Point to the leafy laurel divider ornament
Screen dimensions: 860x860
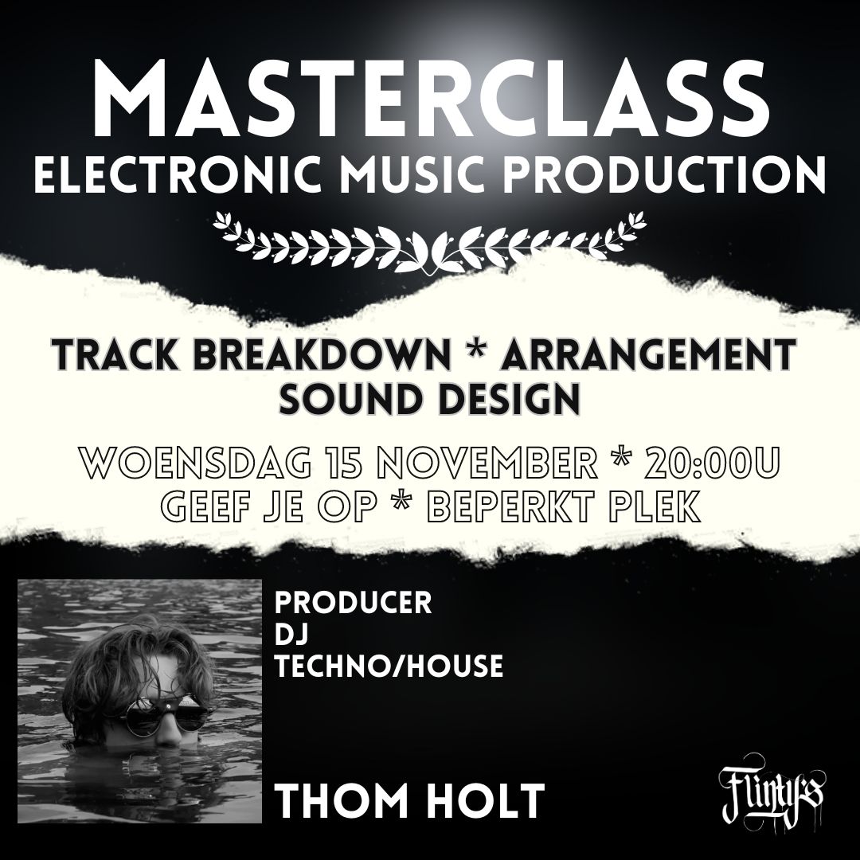tap(430, 240)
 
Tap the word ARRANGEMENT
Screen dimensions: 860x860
tap(649, 355)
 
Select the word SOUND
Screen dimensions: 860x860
tap(355, 401)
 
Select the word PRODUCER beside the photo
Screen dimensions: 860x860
tap(354, 603)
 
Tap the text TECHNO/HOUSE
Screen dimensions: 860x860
tap(389, 666)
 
